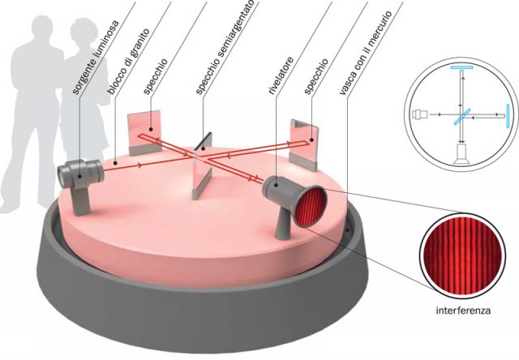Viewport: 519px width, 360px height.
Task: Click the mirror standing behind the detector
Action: [x=302, y=138]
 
